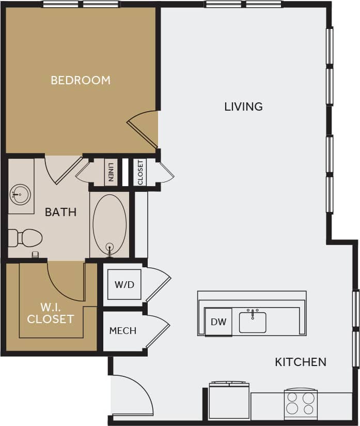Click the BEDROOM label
[81, 80]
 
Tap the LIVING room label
[243, 106]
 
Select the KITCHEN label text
[300, 362]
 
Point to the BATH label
[60, 212]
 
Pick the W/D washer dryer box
[124, 284]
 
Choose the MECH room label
[123, 331]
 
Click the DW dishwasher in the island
[218, 322]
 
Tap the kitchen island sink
[253, 322]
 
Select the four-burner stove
[301, 403]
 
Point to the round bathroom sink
[20, 195]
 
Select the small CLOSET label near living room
[140, 172]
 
